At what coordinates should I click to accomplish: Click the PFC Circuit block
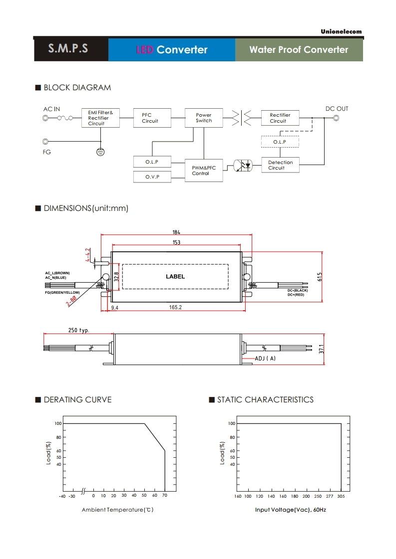(x=152, y=118)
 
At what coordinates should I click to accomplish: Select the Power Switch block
(x=204, y=118)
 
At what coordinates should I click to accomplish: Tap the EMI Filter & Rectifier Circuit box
(x=100, y=118)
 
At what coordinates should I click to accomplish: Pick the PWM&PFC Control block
(x=204, y=171)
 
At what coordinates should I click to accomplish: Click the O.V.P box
(x=152, y=177)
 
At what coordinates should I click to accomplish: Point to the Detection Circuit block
(x=280, y=165)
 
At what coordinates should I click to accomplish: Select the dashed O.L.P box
(x=280, y=142)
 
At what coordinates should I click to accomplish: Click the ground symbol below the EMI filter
(x=101, y=152)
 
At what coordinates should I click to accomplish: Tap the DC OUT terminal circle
(x=336, y=118)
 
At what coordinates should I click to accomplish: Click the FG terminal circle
(x=45, y=142)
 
